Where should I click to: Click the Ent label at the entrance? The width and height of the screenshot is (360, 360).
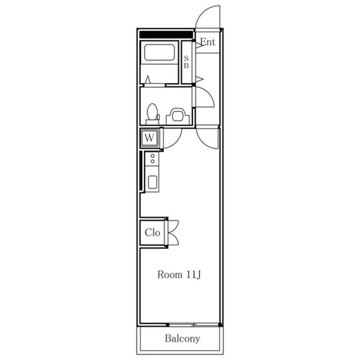point(208,42)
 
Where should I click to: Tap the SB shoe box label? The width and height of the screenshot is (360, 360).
point(186,62)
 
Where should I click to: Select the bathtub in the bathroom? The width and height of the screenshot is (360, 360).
point(159,52)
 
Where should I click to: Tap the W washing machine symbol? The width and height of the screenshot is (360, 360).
point(150,138)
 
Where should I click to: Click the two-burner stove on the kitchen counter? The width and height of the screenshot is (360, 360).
point(152,159)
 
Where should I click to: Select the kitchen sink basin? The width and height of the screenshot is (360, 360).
point(152,182)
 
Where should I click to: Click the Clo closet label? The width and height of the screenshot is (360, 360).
point(152,233)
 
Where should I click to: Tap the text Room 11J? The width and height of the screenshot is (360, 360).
point(179,274)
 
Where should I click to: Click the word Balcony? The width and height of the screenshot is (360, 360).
point(183,339)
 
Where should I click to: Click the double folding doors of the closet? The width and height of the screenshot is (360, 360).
point(173,233)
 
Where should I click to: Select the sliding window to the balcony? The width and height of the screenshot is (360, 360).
point(194,325)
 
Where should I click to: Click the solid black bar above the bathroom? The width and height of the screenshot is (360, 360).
point(166,34)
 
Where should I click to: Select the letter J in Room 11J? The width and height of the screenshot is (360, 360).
point(199,275)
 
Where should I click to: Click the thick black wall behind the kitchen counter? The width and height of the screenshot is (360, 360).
point(141,171)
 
